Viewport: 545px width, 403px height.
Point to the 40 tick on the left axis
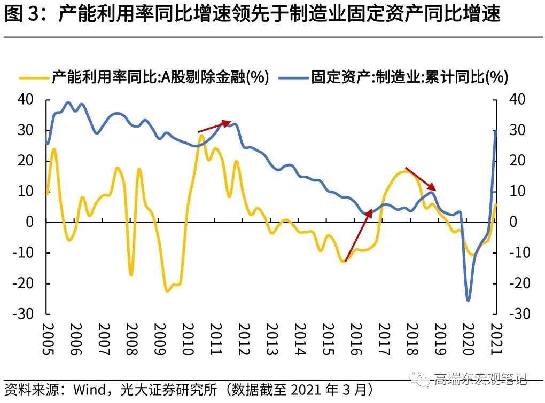(27, 100)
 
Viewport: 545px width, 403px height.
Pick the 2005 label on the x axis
(46, 339)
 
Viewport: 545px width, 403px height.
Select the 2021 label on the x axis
(496, 339)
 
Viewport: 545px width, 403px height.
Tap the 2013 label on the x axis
(271, 339)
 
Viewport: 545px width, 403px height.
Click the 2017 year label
(384, 339)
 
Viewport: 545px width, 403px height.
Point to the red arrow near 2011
(214, 127)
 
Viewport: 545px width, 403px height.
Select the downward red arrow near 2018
(421, 179)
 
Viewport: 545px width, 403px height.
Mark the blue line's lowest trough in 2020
(469, 301)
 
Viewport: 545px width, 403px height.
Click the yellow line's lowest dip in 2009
(167, 291)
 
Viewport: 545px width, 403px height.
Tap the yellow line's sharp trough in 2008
(131, 274)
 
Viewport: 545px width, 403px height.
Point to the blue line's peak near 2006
(68, 102)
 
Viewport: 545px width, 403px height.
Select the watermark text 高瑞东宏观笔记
(481, 379)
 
